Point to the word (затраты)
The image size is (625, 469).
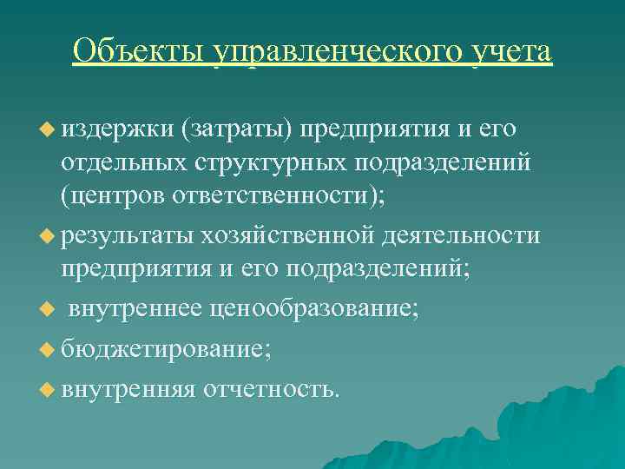coord(237,129)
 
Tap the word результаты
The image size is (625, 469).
coord(127,235)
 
